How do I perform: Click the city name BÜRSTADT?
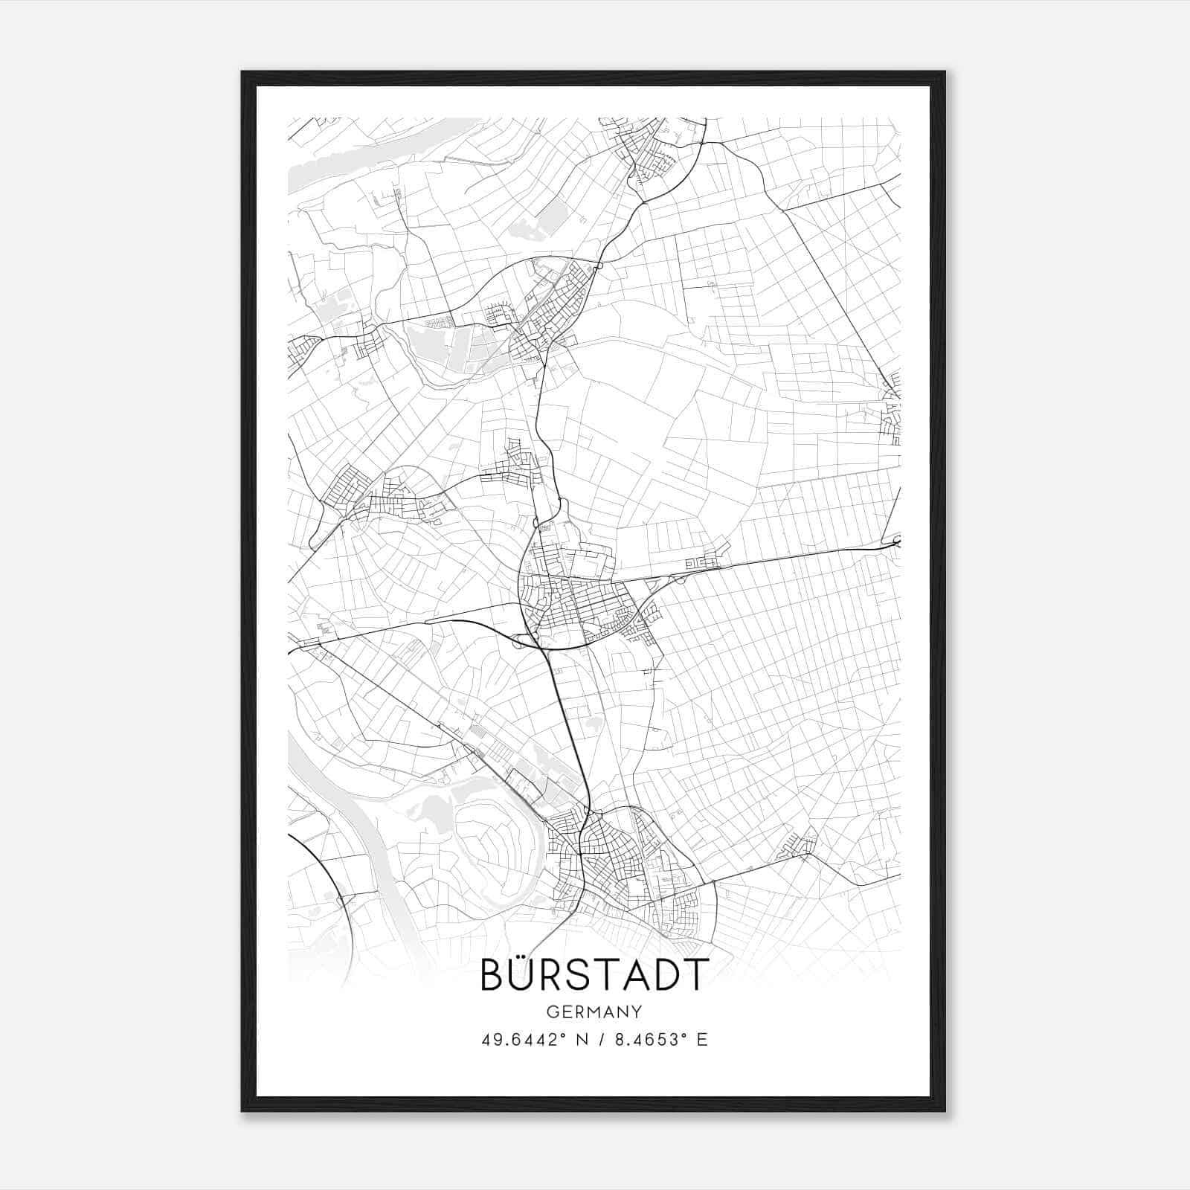(x=594, y=974)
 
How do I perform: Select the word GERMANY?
(x=594, y=1012)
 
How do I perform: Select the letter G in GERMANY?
(x=551, y=1012)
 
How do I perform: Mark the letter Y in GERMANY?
(x=637, y=1012)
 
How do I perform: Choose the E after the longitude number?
(x=702, y=1040)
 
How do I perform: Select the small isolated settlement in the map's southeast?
(x=797, y=844)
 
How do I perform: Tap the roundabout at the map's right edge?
(x=897, y=541)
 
